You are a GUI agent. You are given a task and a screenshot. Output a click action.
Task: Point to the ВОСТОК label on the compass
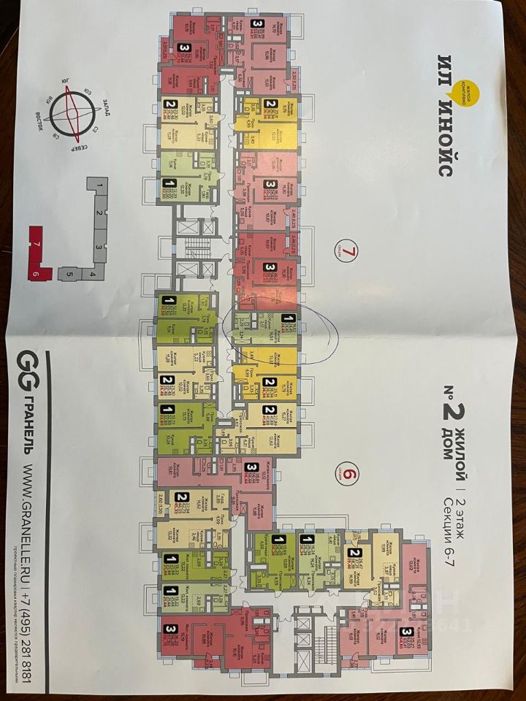[45, 121]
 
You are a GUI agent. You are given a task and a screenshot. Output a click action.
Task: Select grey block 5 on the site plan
[70, 275]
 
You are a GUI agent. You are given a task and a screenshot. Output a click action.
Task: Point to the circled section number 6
[349, 475]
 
